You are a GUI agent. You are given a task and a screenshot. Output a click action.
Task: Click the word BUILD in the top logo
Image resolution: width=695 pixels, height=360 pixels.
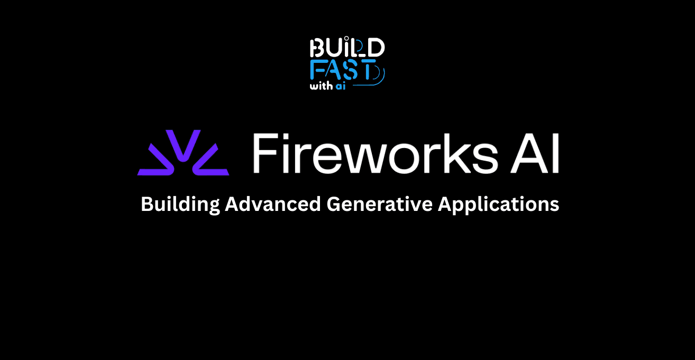pos(347,49)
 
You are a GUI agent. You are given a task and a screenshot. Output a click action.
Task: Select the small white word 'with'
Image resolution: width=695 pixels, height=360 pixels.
pos(321,86)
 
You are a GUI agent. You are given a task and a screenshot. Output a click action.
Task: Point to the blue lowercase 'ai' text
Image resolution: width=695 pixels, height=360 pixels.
pos(340,86)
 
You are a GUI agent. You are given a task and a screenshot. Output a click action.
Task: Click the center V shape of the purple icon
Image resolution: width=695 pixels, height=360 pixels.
pos(182,145)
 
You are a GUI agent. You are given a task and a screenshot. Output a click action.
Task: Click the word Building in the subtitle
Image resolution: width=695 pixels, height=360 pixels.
pos(180,205)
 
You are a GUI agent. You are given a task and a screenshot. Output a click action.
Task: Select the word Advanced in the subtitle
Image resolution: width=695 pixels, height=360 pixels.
pos(273,204)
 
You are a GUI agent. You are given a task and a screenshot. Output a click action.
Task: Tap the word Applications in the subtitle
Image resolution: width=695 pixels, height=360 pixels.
pos(498,205)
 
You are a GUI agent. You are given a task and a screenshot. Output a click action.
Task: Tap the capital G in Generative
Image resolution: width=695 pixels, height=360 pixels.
pos(333,204)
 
